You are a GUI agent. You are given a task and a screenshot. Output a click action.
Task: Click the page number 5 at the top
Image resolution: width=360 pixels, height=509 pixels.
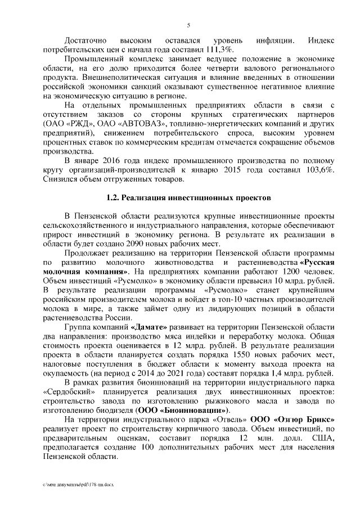coord(188,26)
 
